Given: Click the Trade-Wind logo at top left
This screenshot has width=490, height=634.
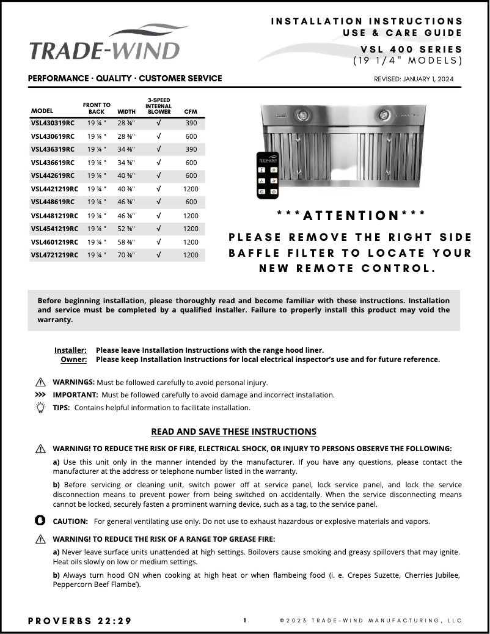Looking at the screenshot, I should (105, 43).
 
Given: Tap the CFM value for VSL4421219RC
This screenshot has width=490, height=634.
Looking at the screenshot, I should (191, 189).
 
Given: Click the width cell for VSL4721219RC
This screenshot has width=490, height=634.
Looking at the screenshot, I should (126, 255).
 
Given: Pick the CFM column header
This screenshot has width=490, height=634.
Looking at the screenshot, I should (190, 112).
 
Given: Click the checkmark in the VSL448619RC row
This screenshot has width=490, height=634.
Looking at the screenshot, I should (158, 202).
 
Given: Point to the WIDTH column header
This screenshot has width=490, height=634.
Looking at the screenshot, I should (126, 112).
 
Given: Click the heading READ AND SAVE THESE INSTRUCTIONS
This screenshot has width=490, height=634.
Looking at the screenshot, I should (233, 432).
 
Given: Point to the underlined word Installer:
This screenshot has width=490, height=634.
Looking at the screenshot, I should (70, 350).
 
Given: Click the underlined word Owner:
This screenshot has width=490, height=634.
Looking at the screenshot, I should (73, 359).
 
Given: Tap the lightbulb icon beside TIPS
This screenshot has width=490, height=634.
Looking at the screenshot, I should (41, 407).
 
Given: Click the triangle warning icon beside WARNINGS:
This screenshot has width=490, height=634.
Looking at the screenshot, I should (41, 383).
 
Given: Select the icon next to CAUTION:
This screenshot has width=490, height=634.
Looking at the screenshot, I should (41, 521).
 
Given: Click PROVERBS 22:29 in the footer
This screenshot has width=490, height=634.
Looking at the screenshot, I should (79, 621).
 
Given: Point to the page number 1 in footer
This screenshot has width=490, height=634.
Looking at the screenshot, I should (245, 621).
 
